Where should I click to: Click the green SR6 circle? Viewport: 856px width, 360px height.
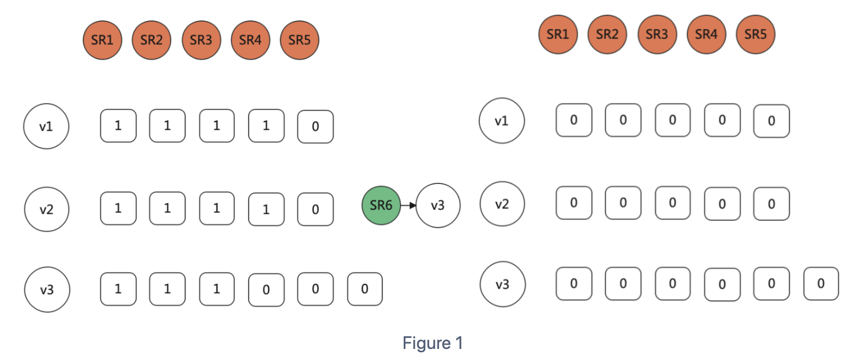[381, 205]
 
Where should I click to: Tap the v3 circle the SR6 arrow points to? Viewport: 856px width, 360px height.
[437, 205]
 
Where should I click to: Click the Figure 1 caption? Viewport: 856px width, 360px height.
[432, 343]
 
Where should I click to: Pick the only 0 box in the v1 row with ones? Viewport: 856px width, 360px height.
[315, 126]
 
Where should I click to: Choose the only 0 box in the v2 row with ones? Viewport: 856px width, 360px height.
[315, 209]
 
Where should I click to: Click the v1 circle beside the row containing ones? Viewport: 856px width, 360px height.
[46, 126]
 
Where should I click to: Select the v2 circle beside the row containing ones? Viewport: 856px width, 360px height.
[46, 209]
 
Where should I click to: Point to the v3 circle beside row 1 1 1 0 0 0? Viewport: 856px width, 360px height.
[46, 289]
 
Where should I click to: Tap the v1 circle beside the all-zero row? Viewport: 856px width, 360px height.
[501, 120]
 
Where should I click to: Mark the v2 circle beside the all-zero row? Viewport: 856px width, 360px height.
[501, 204]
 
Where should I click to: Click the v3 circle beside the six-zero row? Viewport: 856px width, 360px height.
[502, 284]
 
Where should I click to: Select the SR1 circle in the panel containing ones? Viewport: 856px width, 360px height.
[102, 40]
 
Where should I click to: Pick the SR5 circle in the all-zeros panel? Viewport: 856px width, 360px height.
[755, 34]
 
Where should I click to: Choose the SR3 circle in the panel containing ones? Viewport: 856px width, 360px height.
[201, 40]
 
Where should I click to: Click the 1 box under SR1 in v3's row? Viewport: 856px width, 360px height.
[118, 289]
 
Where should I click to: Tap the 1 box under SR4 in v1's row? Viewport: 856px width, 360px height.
[266, 126]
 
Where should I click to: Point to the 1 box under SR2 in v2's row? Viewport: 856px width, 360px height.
[167, 208]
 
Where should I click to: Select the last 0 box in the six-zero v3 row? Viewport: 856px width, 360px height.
[821, 284]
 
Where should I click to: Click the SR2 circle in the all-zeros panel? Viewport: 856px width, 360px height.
[607, 34]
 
